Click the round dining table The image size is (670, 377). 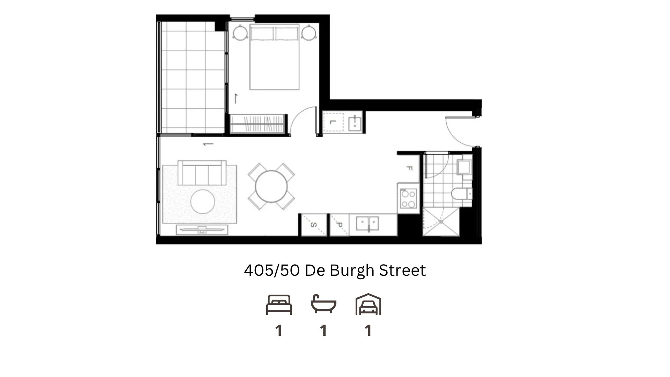click(271, 186)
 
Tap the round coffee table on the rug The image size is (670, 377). click(203, 201)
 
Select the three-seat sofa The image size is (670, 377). click(202, 173)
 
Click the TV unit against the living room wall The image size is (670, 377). click(202, 230)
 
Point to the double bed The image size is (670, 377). click(274, 58)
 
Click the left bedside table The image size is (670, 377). click(240, 33)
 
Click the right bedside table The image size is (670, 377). click(308, 33)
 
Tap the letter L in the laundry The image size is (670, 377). click(333, 122)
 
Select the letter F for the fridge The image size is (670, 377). click(409, 168)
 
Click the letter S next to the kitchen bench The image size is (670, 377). click(313, 225)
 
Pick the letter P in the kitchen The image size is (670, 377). click(339, 225)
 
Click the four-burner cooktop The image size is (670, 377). click(408, 198)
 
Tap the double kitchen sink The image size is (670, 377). click(367, 223)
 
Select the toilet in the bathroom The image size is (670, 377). click(461, 193)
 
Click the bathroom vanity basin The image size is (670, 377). click(464, 167)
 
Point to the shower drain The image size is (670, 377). click(441, 222)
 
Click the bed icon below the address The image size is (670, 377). click(279, 305)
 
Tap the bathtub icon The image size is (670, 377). click(323, 304)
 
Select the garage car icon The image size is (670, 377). click(368, 305)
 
